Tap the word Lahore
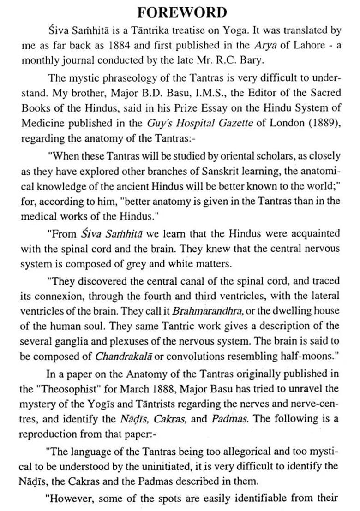tap(288, 45)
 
